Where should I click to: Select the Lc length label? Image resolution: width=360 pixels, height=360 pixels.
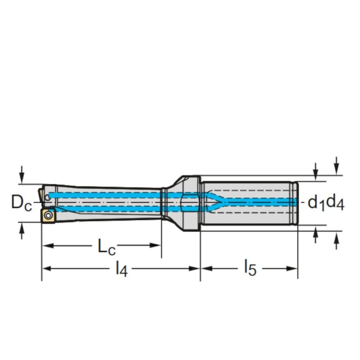click(106, 246)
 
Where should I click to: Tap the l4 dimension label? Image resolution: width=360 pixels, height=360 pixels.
click(121, 270)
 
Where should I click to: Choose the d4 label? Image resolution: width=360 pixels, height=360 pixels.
click(335, 203)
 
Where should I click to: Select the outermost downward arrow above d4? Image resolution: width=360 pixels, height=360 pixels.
click(336, 164)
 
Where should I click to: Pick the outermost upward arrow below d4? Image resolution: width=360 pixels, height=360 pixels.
click(336, 240)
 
